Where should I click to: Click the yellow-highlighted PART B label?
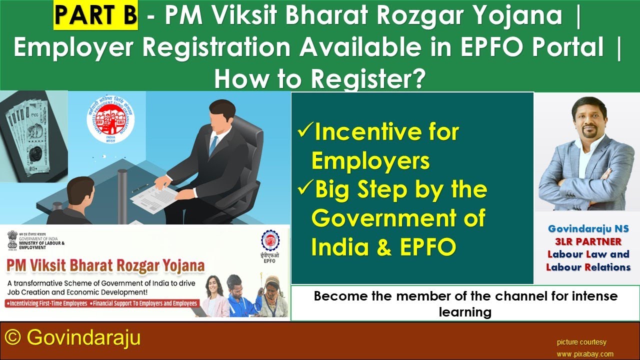95,15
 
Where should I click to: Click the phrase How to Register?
319,78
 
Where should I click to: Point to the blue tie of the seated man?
214,144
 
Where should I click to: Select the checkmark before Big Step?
304,189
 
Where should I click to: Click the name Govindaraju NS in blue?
588,229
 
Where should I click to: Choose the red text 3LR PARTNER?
588,241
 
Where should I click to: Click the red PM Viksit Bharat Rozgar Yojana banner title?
105,265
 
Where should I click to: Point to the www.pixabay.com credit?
585,354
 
